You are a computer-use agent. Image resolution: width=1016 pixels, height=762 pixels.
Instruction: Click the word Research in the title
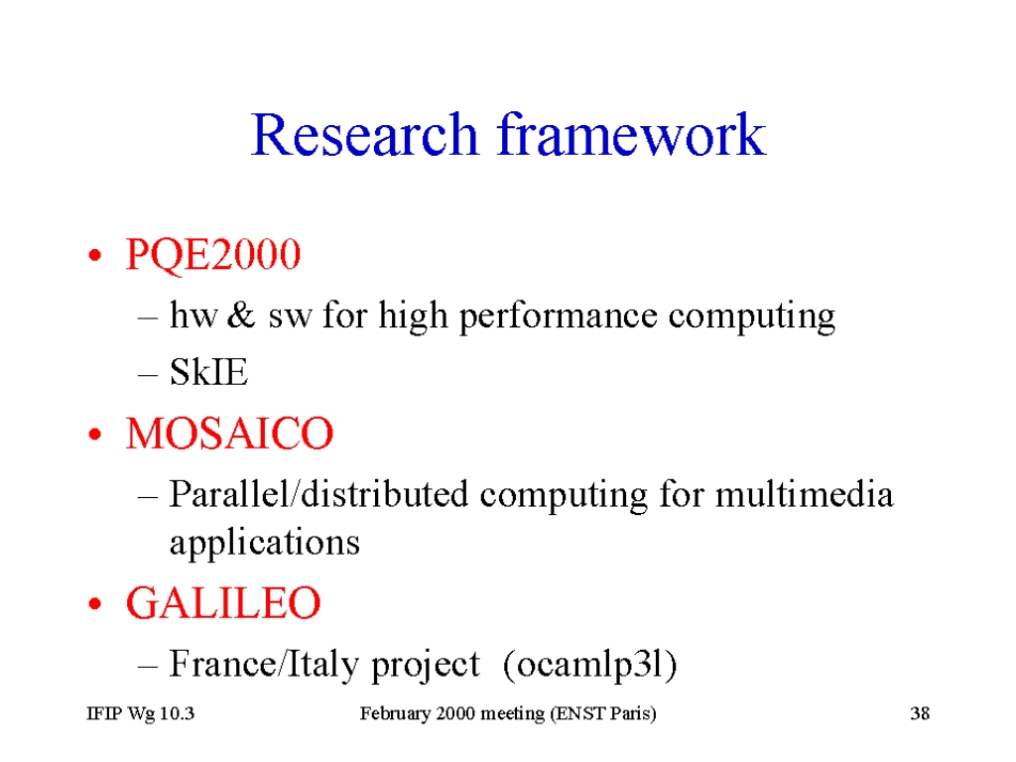click(364, 135)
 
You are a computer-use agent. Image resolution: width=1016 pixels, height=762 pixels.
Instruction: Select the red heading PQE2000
click(213, 254)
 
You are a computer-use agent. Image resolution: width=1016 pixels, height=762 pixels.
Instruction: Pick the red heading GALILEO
click(223, 602)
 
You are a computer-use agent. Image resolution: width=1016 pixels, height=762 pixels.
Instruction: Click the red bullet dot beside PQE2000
click(95, 255)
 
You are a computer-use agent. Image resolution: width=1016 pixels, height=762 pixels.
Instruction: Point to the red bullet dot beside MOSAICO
click(95, 435)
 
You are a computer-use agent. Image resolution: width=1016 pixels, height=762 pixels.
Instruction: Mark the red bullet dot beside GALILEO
click(95, 604)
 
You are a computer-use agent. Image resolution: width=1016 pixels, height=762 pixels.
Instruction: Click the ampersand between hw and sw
click(241, 316)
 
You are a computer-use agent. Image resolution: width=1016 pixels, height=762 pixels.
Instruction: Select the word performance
click(559, 317)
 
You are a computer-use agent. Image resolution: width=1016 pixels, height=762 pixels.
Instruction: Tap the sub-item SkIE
click(208, 372)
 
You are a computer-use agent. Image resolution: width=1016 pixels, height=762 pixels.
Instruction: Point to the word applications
click(264, 543)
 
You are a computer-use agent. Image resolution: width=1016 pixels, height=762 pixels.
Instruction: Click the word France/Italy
click(264, 664)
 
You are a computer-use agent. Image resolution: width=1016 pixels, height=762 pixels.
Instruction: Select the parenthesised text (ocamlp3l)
click(589, 664)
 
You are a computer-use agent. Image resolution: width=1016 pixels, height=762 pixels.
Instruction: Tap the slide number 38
click(920, 713)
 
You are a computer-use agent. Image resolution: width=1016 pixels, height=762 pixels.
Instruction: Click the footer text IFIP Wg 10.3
click(141, 713)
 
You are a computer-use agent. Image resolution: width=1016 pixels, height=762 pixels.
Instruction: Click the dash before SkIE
click(148, 374)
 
